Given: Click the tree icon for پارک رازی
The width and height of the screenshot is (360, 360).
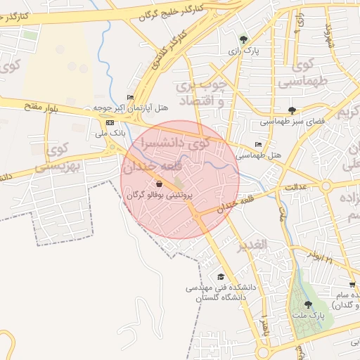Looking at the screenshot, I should click(243, 39).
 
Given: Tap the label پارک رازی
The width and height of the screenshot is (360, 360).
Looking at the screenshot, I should click(243, 51).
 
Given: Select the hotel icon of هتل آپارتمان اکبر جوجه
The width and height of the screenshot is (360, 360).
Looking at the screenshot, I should click(129, 97).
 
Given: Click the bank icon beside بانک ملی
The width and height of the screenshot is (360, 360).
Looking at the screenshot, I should click(110, 122).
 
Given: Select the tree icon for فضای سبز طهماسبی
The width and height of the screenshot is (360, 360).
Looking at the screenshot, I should click(292, 110).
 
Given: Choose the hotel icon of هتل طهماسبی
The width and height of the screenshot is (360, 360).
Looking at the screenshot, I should click(258, 144).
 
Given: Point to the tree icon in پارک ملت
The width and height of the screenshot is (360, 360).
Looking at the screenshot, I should click(308, 304).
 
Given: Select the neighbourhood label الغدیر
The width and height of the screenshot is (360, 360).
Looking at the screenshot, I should click(251, 244).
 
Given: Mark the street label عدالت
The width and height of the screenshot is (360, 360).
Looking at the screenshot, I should click(297, 187).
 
